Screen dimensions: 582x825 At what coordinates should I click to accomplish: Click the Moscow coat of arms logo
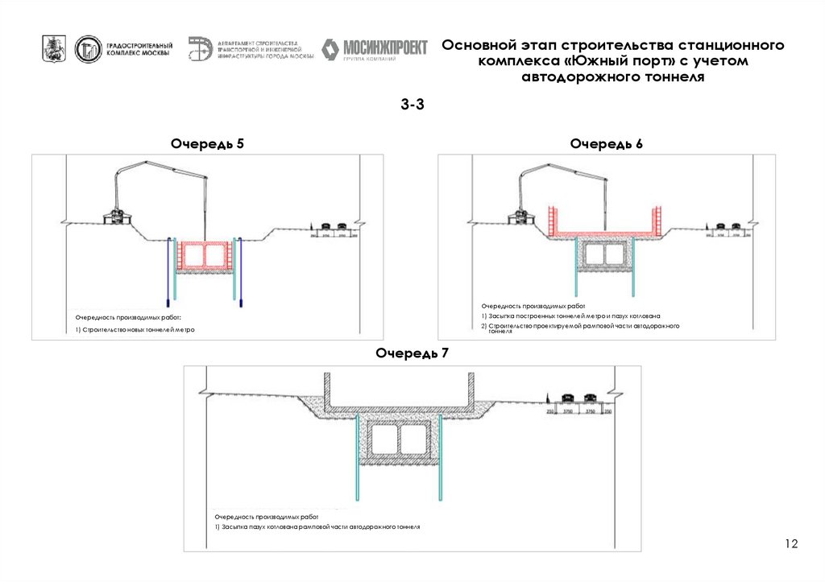click(54, 49)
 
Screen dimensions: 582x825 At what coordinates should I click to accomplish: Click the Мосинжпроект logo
click(374, 49)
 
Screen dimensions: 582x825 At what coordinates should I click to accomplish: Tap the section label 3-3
click(412, 104)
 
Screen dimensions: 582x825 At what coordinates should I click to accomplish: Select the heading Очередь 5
click(207, 143)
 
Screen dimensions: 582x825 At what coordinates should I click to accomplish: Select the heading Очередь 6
click(606, 143)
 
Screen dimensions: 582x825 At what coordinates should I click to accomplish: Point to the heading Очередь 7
click(412, 353)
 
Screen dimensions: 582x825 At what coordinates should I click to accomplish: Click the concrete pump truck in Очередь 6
click(524, 215)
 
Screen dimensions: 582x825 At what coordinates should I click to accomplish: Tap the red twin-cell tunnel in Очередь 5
click(205, 255)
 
